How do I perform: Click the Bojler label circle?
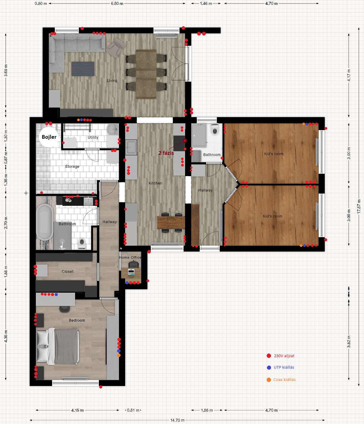(49, 137)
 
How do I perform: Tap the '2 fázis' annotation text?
(166, 153)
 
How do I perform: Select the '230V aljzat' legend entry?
(281, 356)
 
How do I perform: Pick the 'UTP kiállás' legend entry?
(281, 367)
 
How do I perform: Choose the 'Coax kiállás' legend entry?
(281, 380)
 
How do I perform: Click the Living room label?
(112, 81)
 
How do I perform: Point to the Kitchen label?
(155, 183)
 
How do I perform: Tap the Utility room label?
(93, 138)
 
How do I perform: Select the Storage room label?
(72, 166)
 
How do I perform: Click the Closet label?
(67, 271)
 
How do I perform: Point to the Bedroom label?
(77, 320)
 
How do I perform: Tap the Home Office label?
(130, 257)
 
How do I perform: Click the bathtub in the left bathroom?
(44, 222)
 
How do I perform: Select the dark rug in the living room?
(83, 69)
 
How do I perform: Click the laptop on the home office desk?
(131, 272)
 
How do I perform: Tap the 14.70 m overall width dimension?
(177, 420)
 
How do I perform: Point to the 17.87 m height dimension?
(359, 206)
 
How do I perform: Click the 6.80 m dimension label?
(117, 3)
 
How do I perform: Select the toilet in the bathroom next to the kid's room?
(215, 129)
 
